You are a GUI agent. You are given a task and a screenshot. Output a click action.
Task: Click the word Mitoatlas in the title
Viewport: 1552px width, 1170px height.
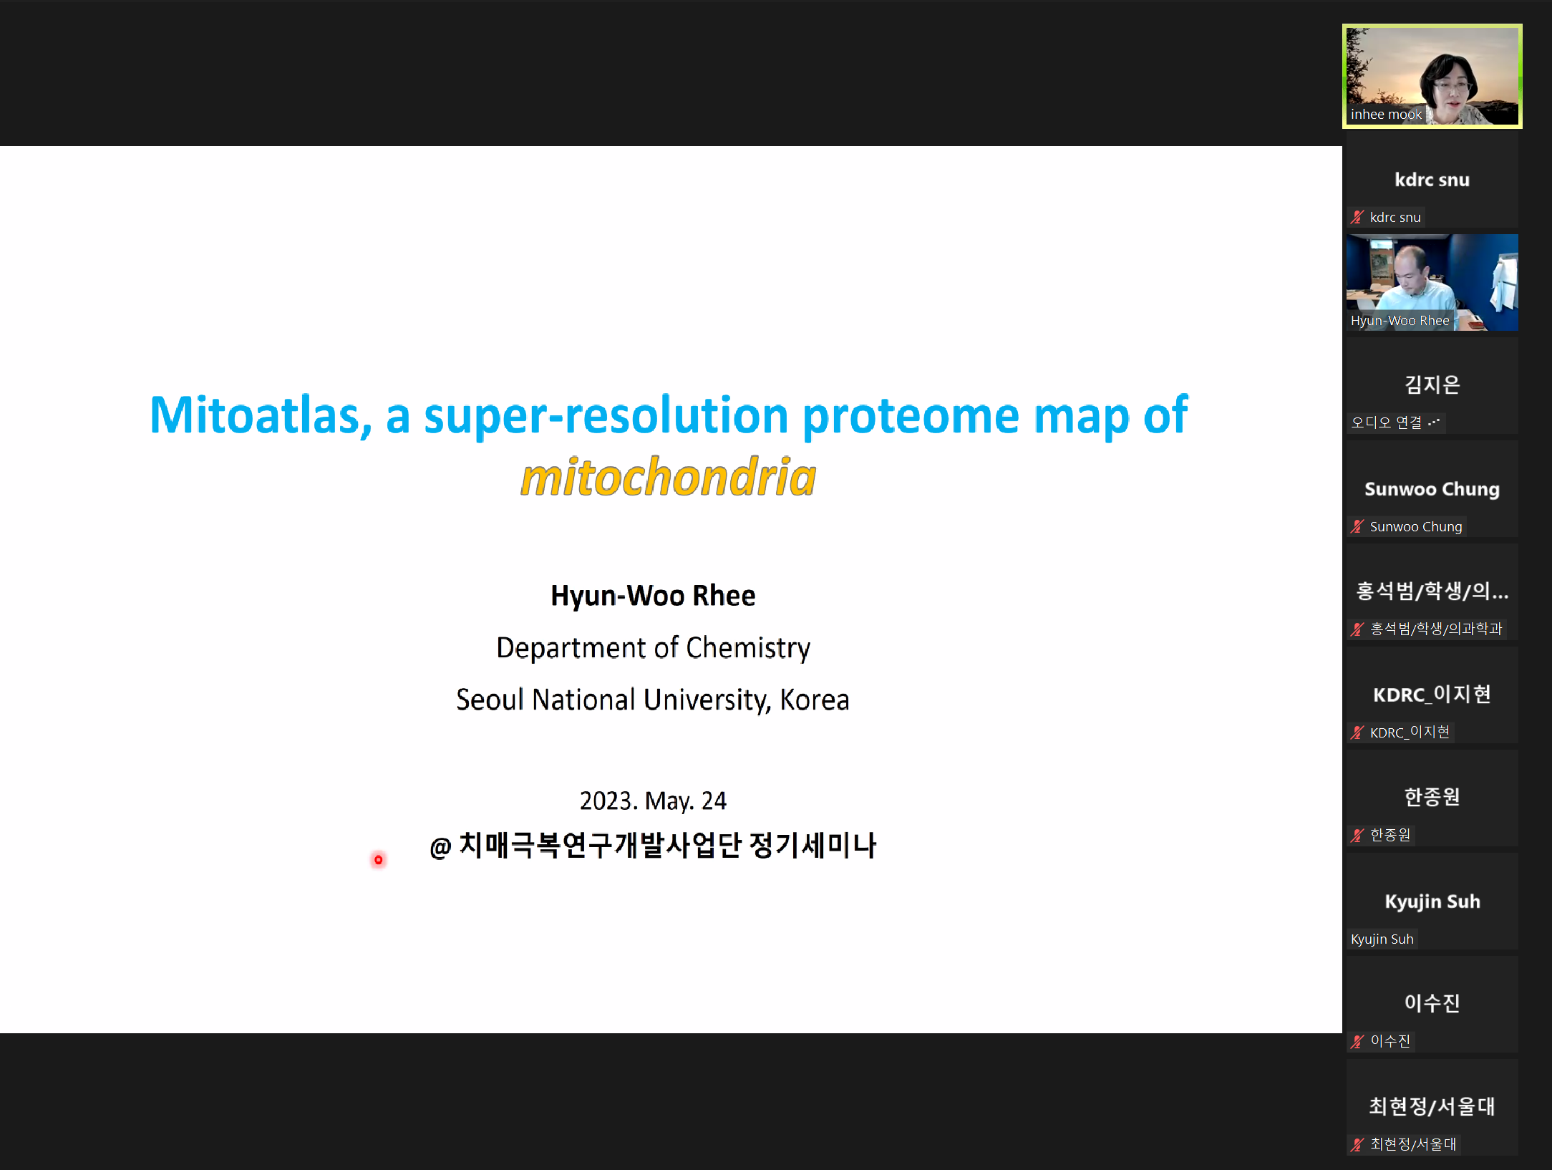pos(260,415)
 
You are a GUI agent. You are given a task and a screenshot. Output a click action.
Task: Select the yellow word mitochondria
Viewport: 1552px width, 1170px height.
pos(669,477)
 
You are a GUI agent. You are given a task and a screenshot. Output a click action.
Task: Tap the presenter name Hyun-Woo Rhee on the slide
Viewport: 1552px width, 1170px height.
pos(653,596)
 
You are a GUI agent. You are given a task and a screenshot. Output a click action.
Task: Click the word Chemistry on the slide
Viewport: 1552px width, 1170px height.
pos(748,648)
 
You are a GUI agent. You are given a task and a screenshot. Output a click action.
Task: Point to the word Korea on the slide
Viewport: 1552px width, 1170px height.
pos(815,700)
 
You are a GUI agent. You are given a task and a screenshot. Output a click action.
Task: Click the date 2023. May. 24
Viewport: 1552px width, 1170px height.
pos(653,801)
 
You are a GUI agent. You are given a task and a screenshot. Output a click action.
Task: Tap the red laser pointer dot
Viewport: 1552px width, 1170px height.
pos(378,859)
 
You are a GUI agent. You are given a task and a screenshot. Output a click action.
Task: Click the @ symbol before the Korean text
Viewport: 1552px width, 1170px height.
pos(440,848)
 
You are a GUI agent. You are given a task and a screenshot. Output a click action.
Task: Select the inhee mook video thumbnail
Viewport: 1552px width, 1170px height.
pos(1432,76)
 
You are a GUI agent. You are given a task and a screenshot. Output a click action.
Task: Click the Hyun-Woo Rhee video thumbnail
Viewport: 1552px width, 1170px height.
pos(1432,282)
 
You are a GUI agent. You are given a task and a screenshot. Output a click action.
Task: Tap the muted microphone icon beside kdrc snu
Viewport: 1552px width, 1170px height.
pos(1357,216)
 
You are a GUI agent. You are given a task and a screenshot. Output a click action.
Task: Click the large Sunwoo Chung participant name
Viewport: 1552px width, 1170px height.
pos(1432,489)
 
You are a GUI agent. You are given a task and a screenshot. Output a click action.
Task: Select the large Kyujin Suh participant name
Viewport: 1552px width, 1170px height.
pos(1432,901)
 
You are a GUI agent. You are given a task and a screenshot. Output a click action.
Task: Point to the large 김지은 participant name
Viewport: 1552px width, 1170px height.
pos(1432,385)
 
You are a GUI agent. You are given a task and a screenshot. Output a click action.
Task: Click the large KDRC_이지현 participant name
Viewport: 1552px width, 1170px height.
pos(1432,695)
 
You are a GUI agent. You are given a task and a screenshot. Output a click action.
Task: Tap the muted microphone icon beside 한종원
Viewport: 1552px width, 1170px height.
pos(1357,835)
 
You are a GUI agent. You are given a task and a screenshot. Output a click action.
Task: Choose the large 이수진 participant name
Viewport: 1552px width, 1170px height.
pos(1432,1003)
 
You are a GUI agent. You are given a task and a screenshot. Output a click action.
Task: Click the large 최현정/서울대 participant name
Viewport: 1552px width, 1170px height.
pos(1432,1106)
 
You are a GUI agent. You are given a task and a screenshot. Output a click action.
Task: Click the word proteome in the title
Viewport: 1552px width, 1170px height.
pos(911,417)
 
